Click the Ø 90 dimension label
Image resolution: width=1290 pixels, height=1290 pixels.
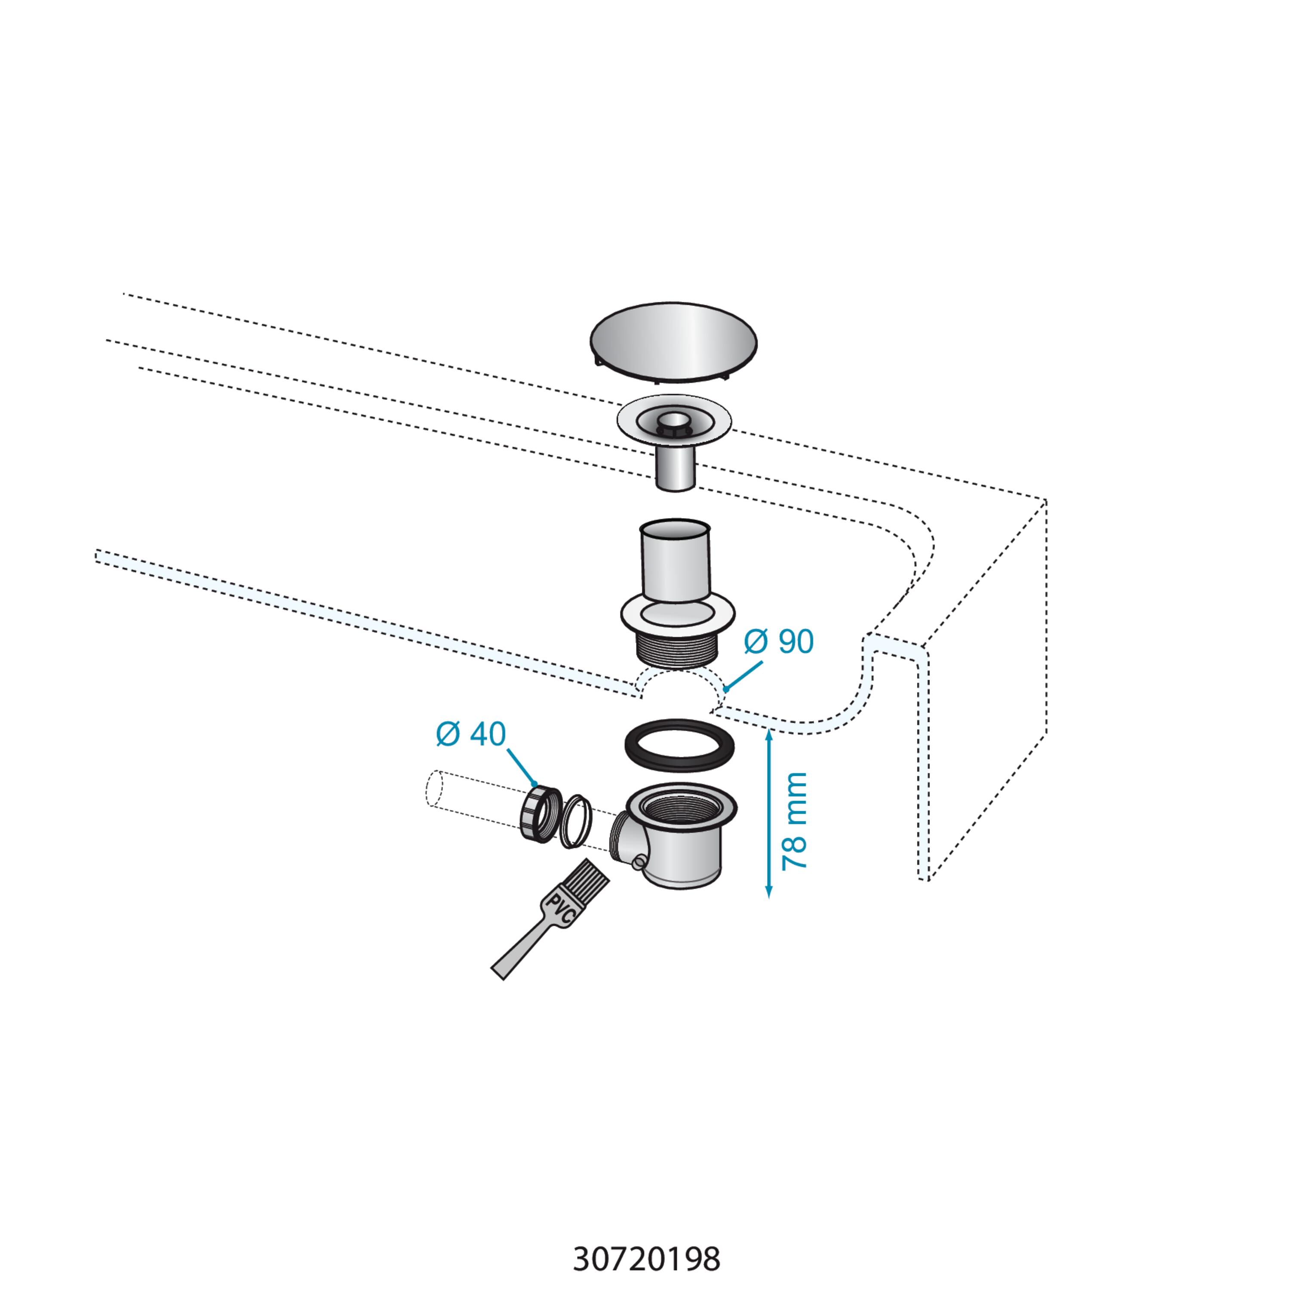tap(779, 642)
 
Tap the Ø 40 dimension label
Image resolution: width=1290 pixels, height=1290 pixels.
tap(471, 734)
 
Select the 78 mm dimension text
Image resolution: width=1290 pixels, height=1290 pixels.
tap(795, 820)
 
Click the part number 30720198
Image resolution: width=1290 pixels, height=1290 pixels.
tap(646, 1259)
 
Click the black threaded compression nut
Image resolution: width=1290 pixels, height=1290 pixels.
tap(540, 814)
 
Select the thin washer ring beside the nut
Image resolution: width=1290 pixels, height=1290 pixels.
tap(575, 821)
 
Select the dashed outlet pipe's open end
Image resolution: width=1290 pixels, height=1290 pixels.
tap(435, 789)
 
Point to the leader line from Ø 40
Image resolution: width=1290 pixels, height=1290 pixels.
tap(522, 767)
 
